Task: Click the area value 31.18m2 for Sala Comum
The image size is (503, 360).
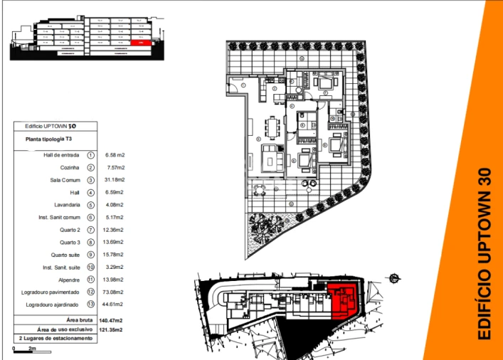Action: click(x=115, y=180)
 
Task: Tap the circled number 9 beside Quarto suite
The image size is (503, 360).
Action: click(x=91, y=255)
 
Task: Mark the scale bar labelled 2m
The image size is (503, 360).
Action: click(x=24, y=349)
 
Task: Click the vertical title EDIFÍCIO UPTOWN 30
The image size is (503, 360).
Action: click(x=485, y=253)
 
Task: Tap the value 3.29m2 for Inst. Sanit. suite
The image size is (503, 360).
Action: click(x=115, y=268)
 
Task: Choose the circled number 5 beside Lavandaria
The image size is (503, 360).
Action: click(x=91, y=205)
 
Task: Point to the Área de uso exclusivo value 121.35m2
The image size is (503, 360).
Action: click(x=111, y=330)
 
